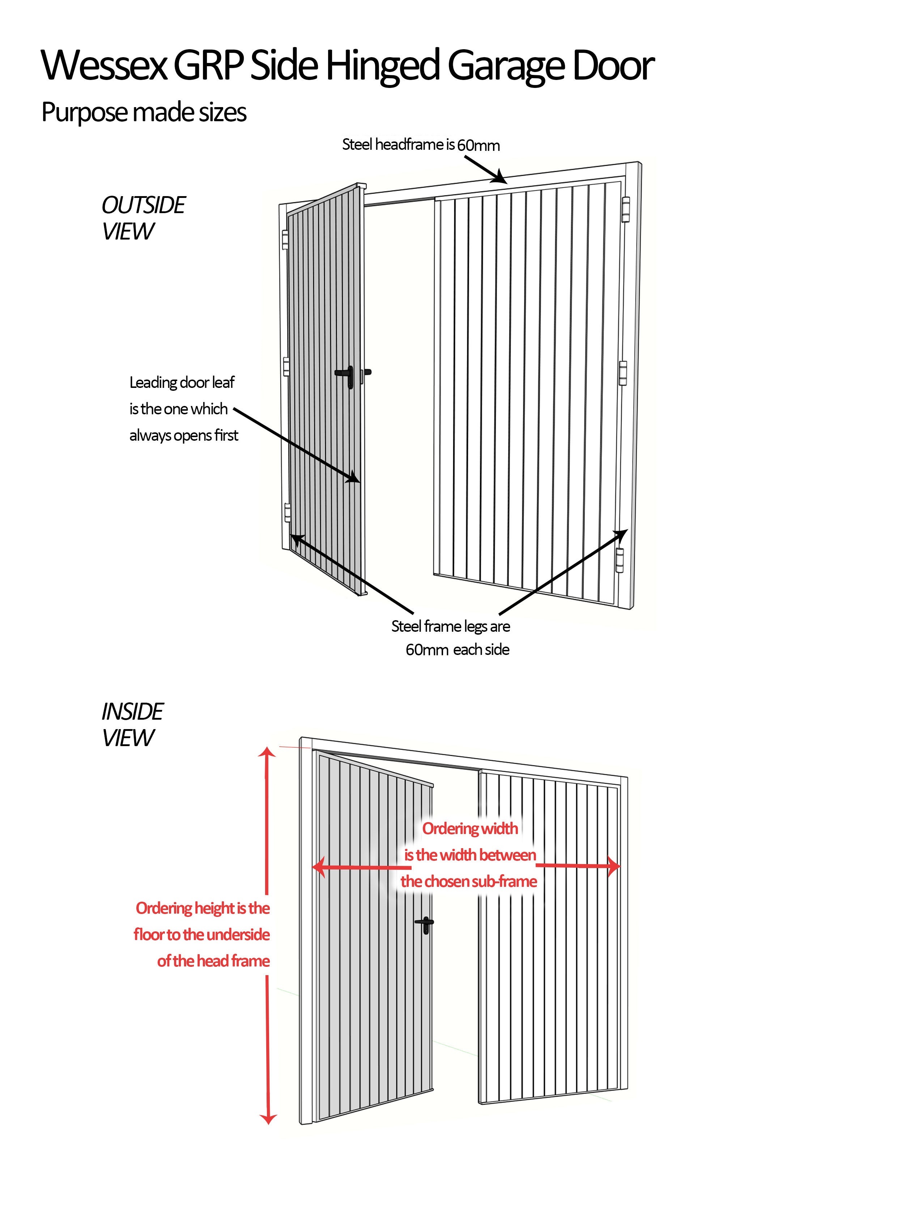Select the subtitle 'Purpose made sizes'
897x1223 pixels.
tap(144, 113)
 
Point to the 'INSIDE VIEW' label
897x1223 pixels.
tap(132, 725)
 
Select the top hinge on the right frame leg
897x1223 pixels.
tap(625, 210)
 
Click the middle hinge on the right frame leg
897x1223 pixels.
tap(623, 373)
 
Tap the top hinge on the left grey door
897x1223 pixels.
tap(285, 240)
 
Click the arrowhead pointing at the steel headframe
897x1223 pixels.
tap(499, 177)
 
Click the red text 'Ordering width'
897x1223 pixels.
tap(470, 829)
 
